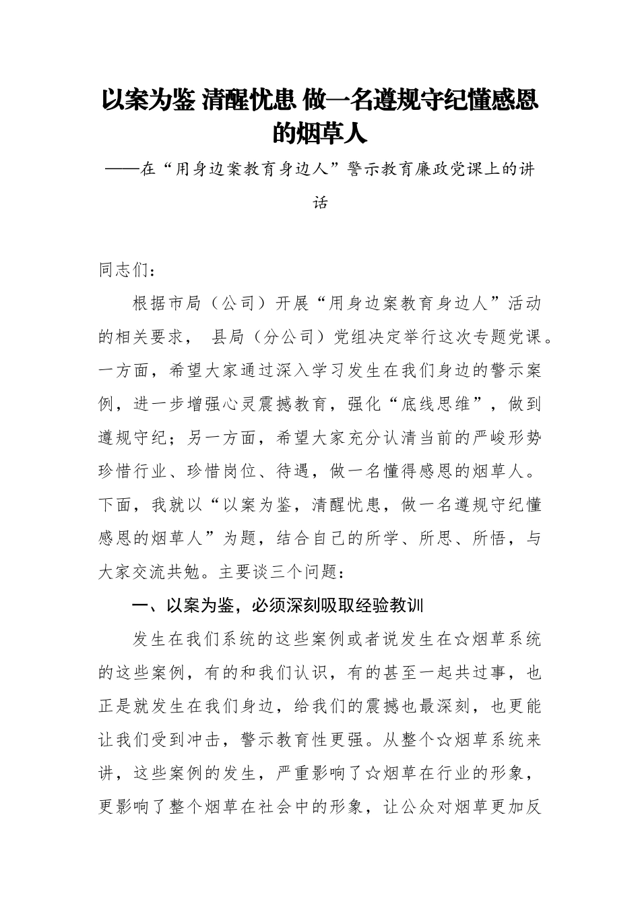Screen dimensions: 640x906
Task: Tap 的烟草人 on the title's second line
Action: (x=319, y=133)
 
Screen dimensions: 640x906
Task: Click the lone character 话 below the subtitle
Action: (x=321, y=202)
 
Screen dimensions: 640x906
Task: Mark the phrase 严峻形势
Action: (x=507, y=438)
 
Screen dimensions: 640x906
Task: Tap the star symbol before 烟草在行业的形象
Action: (x=373, y=774)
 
